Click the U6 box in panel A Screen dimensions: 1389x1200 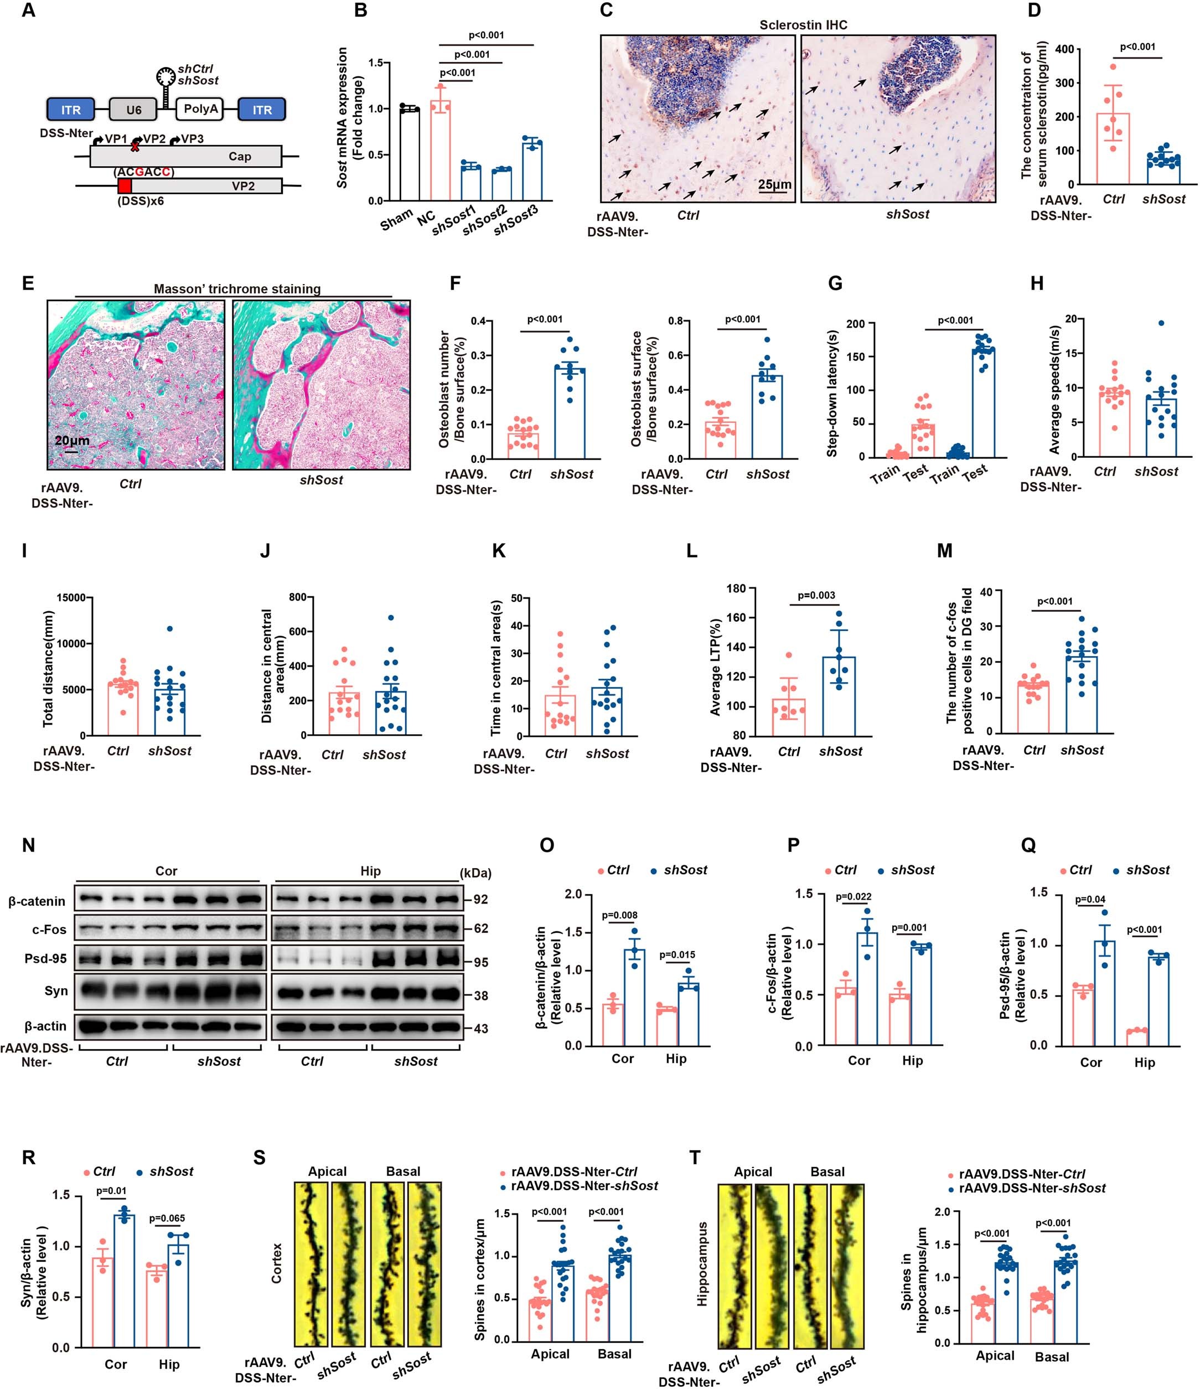click(134, 109)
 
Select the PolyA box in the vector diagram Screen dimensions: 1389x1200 click(200, 109)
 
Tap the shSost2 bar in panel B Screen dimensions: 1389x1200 click(501, 184)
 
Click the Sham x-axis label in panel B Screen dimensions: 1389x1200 click(396, 219)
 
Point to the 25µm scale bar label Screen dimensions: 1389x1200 click(774, 184)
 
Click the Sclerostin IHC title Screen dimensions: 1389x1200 click(803, 25)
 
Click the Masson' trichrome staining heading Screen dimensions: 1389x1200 click(237, 289)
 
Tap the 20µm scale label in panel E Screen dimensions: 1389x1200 click(72, 441)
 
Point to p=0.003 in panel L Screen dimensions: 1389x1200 click(816, 595)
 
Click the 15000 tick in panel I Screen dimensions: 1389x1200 click(71, 597)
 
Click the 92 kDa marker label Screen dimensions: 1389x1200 click(480, 900)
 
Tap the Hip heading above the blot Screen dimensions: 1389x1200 click(370, 871)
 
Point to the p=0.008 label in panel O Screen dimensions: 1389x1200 click(619, 915)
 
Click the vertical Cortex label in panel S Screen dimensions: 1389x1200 click(276, 1264)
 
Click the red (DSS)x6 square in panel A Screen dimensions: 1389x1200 click(125, 185)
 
